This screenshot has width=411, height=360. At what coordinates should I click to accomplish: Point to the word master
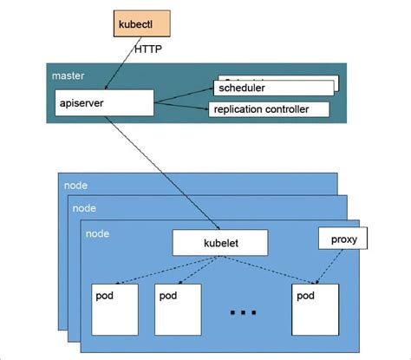pyautogui.click(x=68, y=75)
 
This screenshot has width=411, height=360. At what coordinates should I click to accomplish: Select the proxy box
pyautogui.click(x=337, y=237)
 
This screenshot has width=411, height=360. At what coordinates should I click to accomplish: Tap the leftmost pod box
pyautogui.click(x=118, y=308)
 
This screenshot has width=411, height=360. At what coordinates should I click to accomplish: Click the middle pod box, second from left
pyautogui.click(x=179, y=308)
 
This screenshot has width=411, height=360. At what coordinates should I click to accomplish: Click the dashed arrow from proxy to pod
pyautogui.click(x=328, y=265)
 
